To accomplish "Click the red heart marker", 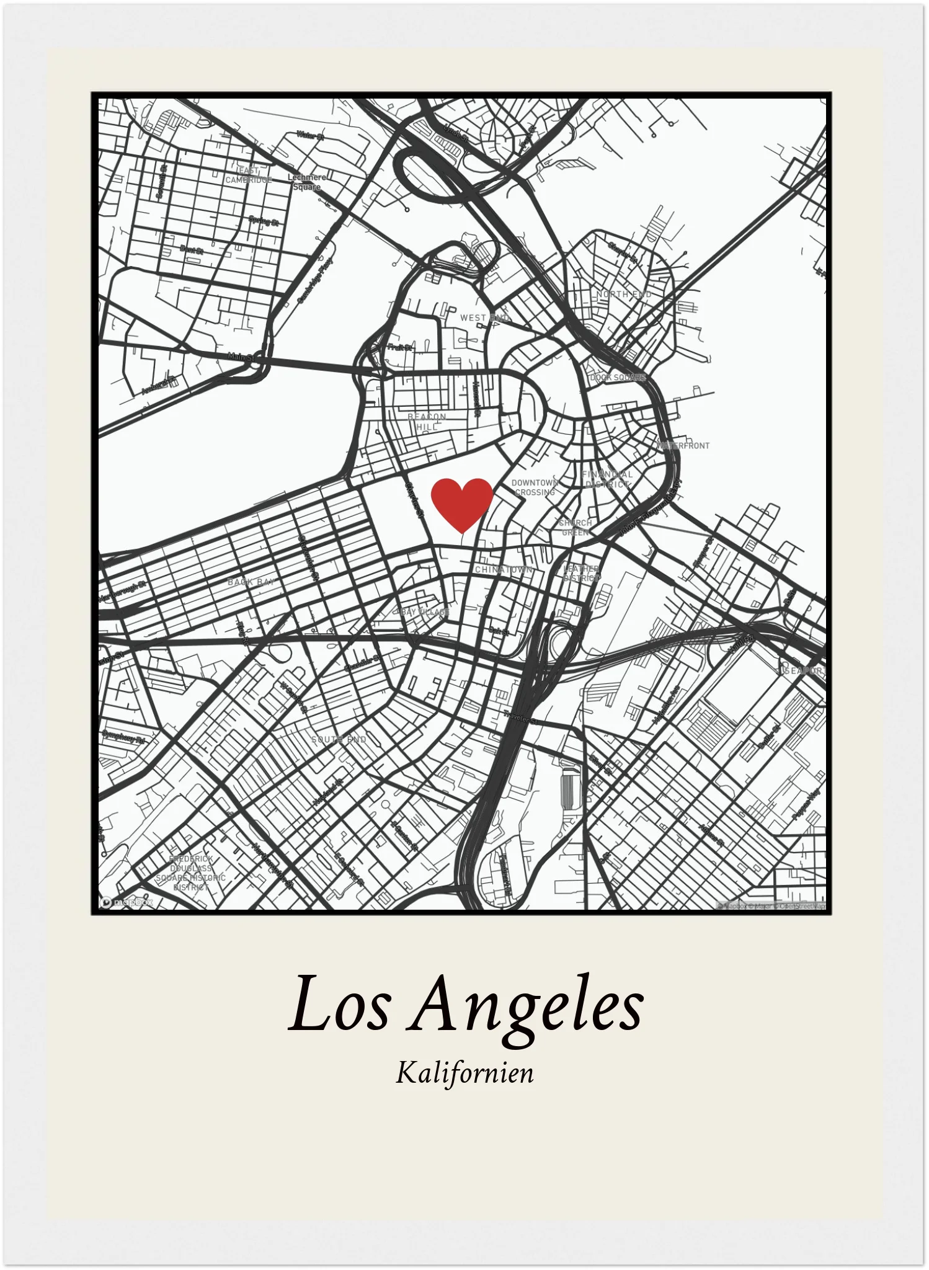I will [462, 503].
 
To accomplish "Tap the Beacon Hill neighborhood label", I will [427, 422].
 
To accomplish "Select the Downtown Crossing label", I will [535, 487].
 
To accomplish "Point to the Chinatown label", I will [503, 569].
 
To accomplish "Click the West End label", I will [484, 317].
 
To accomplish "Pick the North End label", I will [623, 294].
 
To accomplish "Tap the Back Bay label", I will [251, 582].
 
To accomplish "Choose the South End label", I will [339, 739].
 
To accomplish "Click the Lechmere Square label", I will [307, 182].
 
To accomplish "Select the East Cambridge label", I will [249, 175].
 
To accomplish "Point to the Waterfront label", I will [683, 445].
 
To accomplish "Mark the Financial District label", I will [607, 479].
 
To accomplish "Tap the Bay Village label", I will [425, 612].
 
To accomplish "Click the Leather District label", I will [581, 573].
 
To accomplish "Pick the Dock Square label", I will [618, 377].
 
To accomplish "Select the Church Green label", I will [575, 527].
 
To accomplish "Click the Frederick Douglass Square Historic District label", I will [190, 873].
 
